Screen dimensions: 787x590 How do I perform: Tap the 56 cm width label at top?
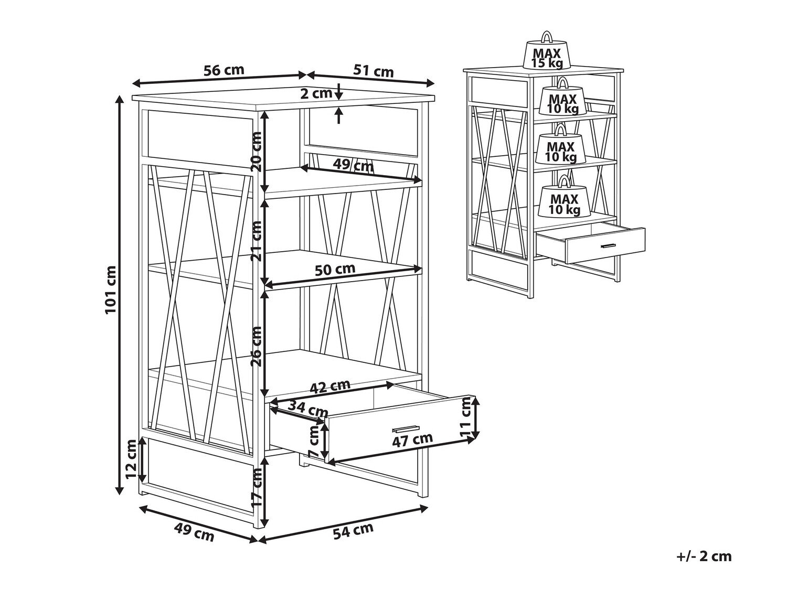(224, 70)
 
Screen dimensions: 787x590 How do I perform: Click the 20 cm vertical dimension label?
(257, 152)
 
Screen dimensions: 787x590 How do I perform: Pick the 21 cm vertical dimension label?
(257, 241)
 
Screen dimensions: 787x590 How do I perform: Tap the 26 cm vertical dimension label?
(257, 346)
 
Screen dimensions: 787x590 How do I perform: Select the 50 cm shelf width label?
(335, 269)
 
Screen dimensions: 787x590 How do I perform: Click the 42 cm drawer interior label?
(329, 386)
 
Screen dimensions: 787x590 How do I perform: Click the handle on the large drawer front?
(407, 428)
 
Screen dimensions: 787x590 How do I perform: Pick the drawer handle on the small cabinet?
(608, 246)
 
